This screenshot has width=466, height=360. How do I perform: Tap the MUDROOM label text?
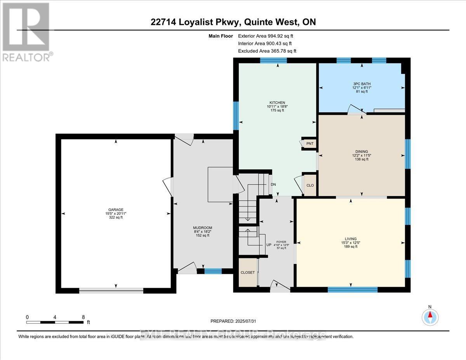(x=202, y=228)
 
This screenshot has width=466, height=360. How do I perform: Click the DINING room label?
(x=361, y=151)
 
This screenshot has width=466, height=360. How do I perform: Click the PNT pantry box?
(x=310, y=144)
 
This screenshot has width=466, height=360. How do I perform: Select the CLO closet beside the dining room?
(x=310, y=185)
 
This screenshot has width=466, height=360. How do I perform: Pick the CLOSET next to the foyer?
(x=247, y=272)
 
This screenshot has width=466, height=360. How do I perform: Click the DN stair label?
(x=273, y=184)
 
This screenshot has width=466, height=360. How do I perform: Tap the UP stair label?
(x=268, y=245)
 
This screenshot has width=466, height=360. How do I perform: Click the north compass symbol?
(x=430, y=317)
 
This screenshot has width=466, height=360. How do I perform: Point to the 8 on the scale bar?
(x=83, y=317)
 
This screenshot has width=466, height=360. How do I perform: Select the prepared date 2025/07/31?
(x=233, y=321)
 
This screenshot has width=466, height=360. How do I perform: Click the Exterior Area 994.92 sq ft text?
(x=268, y=36)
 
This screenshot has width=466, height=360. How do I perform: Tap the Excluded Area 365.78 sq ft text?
(x=267, y=51)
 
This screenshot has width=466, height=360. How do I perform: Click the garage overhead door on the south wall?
(x=111, y=290)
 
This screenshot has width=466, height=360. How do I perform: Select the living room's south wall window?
(x=352, y=289)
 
